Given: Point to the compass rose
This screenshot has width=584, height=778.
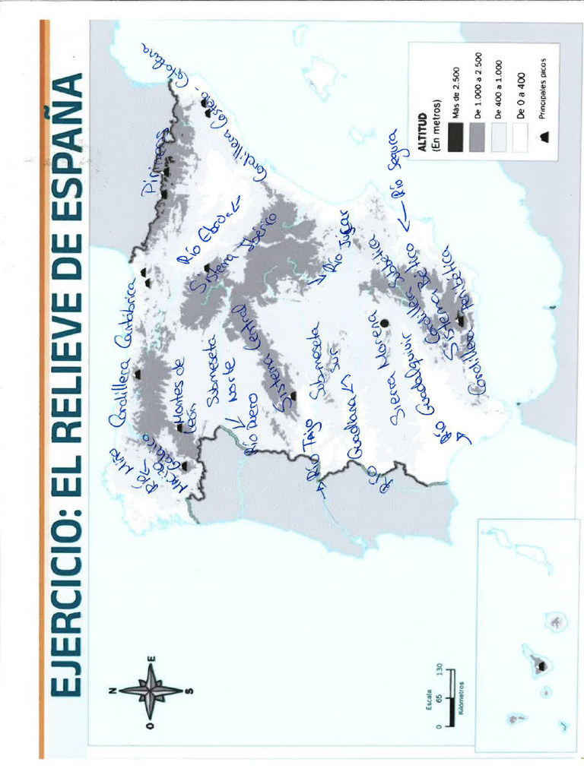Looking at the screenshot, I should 152,691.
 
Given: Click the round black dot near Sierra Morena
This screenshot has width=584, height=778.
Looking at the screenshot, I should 385,323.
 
